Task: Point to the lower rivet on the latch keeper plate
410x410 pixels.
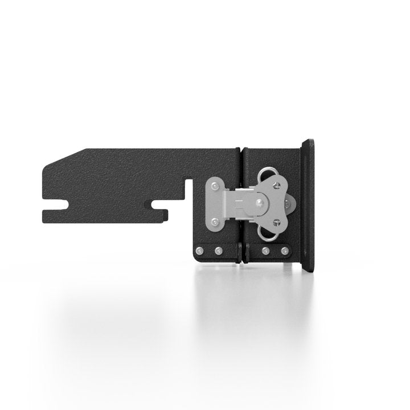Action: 214,222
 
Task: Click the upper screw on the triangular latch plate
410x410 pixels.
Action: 277,183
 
